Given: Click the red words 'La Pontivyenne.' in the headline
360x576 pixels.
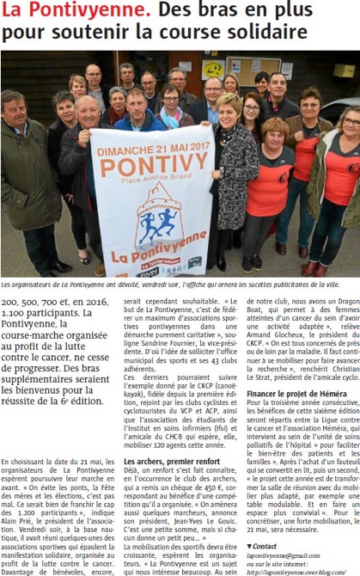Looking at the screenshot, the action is (76, 12).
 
